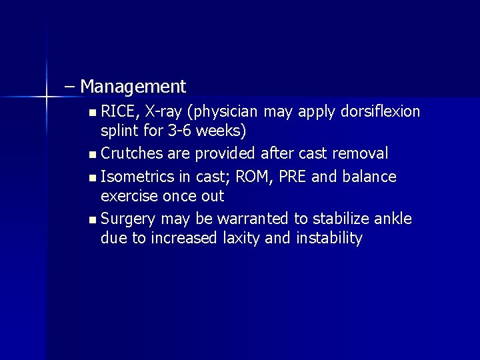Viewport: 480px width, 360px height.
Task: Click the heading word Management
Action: pyautogui.click(x=135, y=87)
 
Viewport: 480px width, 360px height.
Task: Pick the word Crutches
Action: pyautogui.click(x=135, y=153)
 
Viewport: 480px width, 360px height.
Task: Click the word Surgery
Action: pyautogui.click(x=129, y=218)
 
